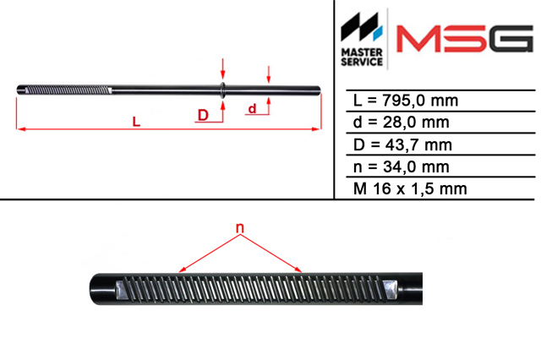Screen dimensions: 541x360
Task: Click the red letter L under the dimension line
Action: [137, 122]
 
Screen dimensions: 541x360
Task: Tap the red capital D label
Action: [203, 115]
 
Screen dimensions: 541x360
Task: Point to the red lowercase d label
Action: [252, 109]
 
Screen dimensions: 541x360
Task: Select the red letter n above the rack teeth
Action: [240, 228]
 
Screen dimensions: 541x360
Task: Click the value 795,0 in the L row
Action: [402, 101]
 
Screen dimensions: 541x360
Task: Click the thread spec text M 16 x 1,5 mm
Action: [410, 189]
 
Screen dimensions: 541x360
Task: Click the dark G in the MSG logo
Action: [511, 38]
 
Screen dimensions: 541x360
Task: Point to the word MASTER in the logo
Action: [362, 52]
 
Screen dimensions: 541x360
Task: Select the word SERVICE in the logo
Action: [362, 62]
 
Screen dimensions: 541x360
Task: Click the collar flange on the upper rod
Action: [222, 90]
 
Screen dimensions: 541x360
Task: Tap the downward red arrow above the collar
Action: [223, 68]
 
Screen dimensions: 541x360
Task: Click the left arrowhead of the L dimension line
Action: [20, 129]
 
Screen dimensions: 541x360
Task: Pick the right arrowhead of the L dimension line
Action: [316, 129]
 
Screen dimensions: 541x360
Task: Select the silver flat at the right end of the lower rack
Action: [391, 289]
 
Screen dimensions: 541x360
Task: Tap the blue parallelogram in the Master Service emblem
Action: [378, 32]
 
